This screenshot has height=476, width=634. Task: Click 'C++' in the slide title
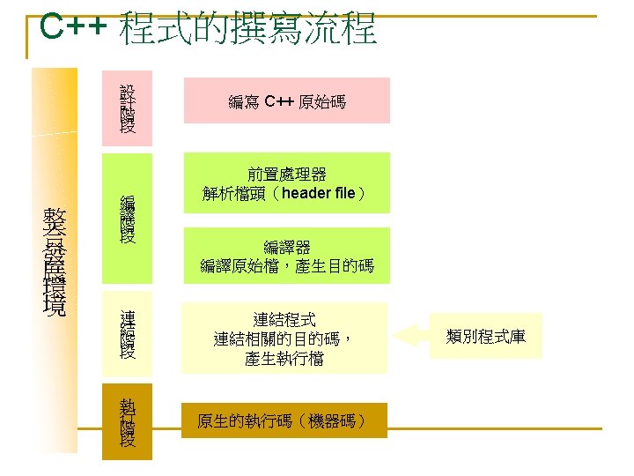pyautogui.click(x=74, y=28)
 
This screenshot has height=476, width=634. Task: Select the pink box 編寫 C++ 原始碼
pyautogui.click(x=286, y=101)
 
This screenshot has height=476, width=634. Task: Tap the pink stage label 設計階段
pyautogui.click(x=128, y=108)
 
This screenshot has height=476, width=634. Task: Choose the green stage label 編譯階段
pyautogui.click(x=128, y=219)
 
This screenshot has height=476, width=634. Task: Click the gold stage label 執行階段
pyautogui.click(x=128, y=421)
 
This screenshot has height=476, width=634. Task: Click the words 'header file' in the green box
pyautogui.click(x=319, y=194)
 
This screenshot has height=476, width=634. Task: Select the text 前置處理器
pyautogui.click(x=286, y=174)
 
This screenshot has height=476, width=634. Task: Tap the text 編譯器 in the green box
pyautogui.click(x=286, y=246)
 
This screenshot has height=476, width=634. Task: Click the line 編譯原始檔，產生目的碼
pyautogui.click(x=286, y=265)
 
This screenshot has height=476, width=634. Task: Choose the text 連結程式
pyautogui.click(x=284, y=318)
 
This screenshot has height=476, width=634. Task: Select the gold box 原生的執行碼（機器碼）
pyautogui.click(x=281, y=420)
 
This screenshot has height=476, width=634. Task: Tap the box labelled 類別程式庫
pyautogui.click(x=486, y=335)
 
